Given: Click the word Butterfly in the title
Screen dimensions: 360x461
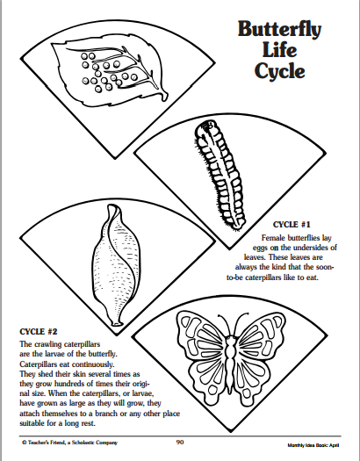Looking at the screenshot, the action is coord(279,30).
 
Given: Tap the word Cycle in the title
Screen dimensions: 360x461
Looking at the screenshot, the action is coord(279,71).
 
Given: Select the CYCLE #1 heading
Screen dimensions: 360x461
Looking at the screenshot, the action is coord(292,225).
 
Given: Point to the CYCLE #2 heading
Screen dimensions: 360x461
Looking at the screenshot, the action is coord(39,332).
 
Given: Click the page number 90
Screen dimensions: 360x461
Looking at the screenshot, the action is coord(180,442).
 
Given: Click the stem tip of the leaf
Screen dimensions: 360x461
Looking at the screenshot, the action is coord(165,97).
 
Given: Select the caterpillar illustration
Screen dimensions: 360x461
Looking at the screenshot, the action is coord(220,175).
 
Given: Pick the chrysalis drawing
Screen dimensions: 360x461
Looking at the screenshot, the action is coord(117,265).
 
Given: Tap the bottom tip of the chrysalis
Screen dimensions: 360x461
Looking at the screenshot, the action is coord(117,324).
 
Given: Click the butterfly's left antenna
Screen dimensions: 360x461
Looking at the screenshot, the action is coord(224,325).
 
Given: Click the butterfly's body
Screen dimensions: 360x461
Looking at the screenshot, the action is coord(231,362).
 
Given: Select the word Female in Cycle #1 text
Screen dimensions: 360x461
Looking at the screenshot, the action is coord(273,238).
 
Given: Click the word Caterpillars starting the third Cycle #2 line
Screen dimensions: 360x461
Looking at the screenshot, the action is coord(39,364).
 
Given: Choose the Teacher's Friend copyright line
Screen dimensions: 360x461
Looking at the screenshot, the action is coord(69,443).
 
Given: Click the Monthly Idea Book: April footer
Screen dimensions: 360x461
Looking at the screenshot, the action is coord(313,445).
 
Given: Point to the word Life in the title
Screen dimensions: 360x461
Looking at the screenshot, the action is coord(279,50).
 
